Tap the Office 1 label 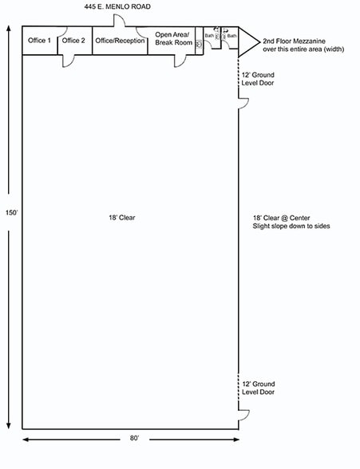pyautogui.click(x=38, y=40)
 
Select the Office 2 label pyautogui.click(x=73, y=40)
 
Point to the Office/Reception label pyautogui.click(x=119, y=40)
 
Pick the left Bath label pyautogui.click(x=209, y=36)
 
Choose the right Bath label pyautogui.click(x=231, y=36)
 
